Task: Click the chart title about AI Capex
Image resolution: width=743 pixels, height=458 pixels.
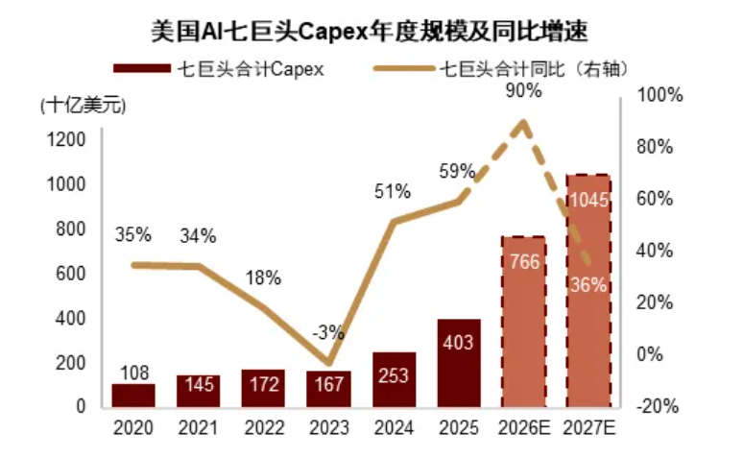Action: pyautogui.click(x=370, y=32)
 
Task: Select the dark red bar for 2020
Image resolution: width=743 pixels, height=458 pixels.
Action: pyautogui.click(x=133, y=396)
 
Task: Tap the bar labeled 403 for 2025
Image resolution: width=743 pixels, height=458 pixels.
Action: pyautogui.click(x=459, y=363)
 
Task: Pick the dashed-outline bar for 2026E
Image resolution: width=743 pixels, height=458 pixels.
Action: pyautogui.click(x=523, y=322)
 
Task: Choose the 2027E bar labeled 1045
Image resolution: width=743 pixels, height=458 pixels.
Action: pyautogui.click(x=588, y=291)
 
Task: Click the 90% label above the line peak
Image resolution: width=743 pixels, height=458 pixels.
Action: pyautogui.click(x=523, y=90)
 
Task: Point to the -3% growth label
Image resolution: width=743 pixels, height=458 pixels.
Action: pyautogui.click(x=328, y=332)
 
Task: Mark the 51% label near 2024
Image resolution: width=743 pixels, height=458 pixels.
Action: pyautogui.click(x=393, y=191)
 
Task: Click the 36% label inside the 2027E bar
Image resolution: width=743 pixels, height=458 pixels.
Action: pyautogui.click(x=588, y=285)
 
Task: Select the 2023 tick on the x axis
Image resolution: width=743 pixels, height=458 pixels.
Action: pyautogui.click(x=329, y=427)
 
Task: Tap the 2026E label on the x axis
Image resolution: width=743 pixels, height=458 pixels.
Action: pyautogui.click(x=524, y=427)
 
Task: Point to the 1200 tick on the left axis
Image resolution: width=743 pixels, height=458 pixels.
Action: pyautogui.click(x=66, y=139)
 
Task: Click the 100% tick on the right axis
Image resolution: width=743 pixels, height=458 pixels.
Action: pyautogui.click(x=659, y=95)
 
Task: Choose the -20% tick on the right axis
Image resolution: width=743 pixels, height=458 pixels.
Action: pyautogui.click(x=658, y=406)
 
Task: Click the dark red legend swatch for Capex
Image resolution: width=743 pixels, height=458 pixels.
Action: pyautogui.click(x=142, y=68)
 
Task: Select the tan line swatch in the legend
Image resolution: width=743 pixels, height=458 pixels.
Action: pyautogui.click(x=404, y=68)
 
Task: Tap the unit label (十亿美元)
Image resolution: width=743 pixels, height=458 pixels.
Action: pyautogui.click(x=84, y=106)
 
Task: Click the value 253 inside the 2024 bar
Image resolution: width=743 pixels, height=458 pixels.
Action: pyautogui.click(x=394, y=375)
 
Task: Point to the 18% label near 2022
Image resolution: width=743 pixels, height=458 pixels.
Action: pyautogui.click(x=263, y=277)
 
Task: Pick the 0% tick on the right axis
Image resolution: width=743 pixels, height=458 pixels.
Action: pyautogui.click(x=649, y=354)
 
